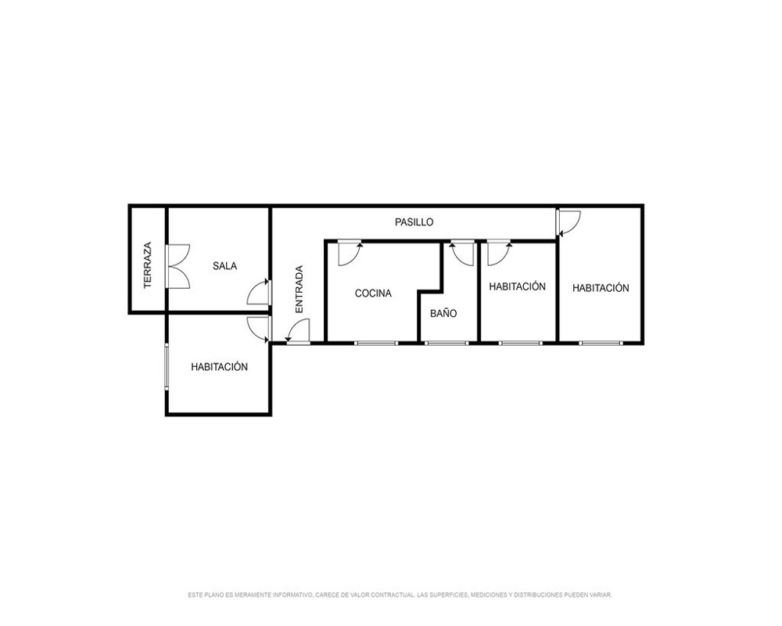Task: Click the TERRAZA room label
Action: pyautogui.click(x=148, y=265)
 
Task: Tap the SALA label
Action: pyautogui.click(x=225, y=266)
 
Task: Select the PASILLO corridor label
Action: pyautogui.click(x=414, y=222)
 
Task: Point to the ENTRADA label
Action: pyautogui.click(x=300, y=289)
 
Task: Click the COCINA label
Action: pyautogui.click(x=373, y=293)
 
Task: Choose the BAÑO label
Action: pyautogui.click(x=443, y=314)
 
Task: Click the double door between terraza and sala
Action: pyautogui.click(x=178, y=266)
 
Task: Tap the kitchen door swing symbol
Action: pyautogui.click(x=350, y=253)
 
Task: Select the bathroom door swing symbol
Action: pyautogui.click(x=462, y=253)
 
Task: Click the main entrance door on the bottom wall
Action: pyautogui.click(x=298, y=332)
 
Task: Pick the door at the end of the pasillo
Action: pyautogui.click(x=569, y=223)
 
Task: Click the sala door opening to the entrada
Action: pyautogui.click(x=260, y=293)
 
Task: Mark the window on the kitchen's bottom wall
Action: pyautogui.click(x=376, y=343)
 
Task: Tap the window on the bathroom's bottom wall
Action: pyautogui.click(x=447, y=343)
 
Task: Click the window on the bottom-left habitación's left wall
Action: pyautogui.click(x=167, y=366)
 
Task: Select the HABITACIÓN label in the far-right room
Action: pyautogui.click(x=601, y=288)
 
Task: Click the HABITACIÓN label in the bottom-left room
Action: pyautogui.click(x=220, y=367)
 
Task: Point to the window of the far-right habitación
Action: pyautogui.click(x=601, y=343)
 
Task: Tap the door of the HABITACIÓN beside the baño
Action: pyautogui.click(x=499, y=253)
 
